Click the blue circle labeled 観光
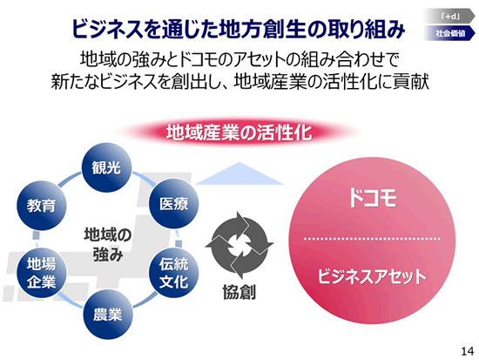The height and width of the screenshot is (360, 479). pyautogui.click(x=106, y=167)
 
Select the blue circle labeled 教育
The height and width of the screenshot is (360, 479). pyautogui.click(x=41, y=205)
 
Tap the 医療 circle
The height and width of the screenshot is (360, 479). pyautogui.click(x=173, y=204)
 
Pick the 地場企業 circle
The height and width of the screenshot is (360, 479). pyautogui.click(x=41, y=273)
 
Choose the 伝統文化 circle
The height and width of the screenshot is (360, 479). pyautogui.click(x=173, y=273)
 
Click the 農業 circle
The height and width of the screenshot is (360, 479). pyautogui.click(x=108, y=315)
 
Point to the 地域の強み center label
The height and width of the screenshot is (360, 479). pyautogui.click(x=108, y=244)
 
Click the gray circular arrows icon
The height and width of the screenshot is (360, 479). pyautogui.click(x=239, y=245)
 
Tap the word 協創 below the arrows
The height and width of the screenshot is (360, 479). pyautogui.click(x=239, y=292)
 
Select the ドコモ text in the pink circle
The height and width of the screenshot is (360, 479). pyautogui.click(x=373, y=198)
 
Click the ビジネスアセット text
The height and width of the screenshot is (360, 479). pyautogui.click(x=372, y=276)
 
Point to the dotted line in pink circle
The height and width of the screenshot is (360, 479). pyautogui.click(x=372, y=238)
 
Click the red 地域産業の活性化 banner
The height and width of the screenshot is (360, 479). pyautogui.click(x=239, y=132)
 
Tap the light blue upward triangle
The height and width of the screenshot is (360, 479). pyautogui.click(x=239, y=175)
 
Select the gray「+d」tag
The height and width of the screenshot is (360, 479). pyautogui.click(x=449, y=17)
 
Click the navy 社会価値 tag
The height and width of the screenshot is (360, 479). pyautogui.click(x=449, y=33)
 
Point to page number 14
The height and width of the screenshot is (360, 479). pyautogui.click(x=468, y=351)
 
